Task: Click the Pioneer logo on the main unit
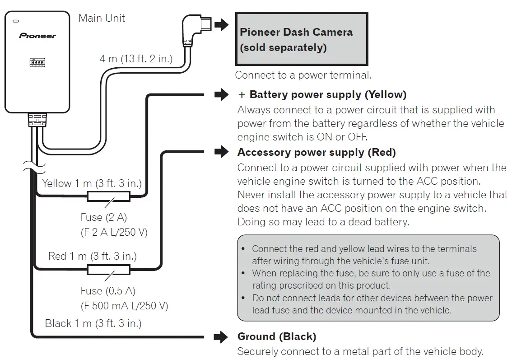click(x=37, y=36)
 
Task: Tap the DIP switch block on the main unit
click(x=37, y=62)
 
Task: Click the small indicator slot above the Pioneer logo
click(x=16, y=21)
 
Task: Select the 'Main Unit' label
click(x=102, y=18)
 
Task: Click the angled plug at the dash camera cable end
click(x=195, y=30)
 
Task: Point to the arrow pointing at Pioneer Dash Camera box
click(x=221, y=24)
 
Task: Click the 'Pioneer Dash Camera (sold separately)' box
click(x=302, y=39)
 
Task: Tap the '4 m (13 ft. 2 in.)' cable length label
click(x=136, y=59)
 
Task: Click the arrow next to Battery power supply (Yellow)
click(x=221, y=94)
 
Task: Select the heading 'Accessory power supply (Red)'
click(x=317, y=152)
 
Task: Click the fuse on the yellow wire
click(x=109, y=196)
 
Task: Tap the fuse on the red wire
click(x=109, y=270)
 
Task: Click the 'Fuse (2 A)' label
click(x=104, y=217)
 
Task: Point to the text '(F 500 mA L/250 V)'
click(x=125, y=306)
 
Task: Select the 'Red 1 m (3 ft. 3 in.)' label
click(x=93, y=256)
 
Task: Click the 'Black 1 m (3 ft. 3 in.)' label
click(x=93, y=323)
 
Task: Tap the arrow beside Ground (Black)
click(x=221, y=337)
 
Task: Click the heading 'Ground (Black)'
click(x=277, y=336)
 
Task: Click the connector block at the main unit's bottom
click(x=37, y=120)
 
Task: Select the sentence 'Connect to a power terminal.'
click(x=303, y=75)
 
